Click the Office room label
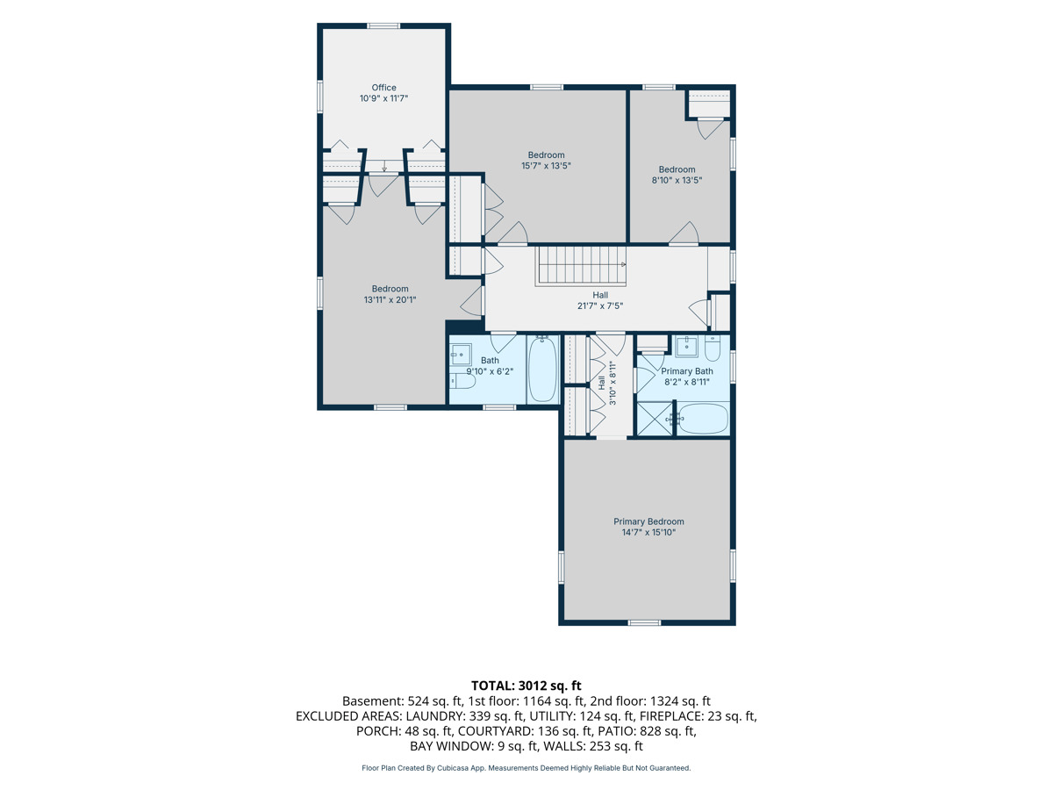383,87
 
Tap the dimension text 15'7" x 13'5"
546,166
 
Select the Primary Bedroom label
648,521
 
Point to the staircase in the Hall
581,266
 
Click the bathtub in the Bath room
542,370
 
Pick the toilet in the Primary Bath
713,348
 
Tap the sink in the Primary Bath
686,347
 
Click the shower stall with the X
655,419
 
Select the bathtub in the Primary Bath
702,419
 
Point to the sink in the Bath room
461,355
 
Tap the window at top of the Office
383,26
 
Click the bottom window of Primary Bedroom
644,622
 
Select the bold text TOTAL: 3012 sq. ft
526,686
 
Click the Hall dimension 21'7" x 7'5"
599,305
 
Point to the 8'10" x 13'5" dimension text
677,180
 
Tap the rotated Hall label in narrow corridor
601,383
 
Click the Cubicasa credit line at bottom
526,768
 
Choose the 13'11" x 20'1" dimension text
390,300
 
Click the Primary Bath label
687,371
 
